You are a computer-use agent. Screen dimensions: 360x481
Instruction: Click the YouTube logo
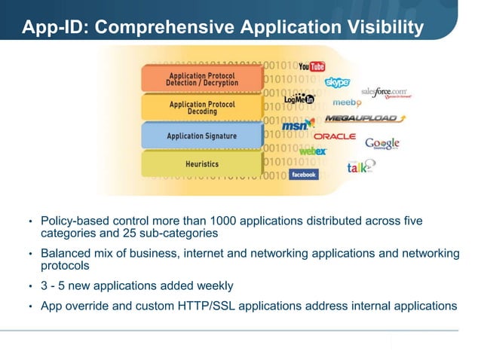click(x=311, y=67)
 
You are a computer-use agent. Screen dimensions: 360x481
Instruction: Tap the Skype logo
click(x=337, y=82)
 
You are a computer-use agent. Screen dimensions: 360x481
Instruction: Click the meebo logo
click(x=347, y=102)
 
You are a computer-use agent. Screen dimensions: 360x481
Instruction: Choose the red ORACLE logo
click(x=335, y=136)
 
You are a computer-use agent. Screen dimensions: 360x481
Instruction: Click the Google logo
click(x=382, y=143)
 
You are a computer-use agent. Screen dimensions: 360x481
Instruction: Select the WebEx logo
click(x=313, y=151)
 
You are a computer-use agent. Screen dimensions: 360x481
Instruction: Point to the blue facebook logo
click(x=304, y=174)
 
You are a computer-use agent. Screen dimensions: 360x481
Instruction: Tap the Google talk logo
click(x=360, y=167)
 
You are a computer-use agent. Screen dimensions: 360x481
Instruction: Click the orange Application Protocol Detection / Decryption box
click(x=201, y=79)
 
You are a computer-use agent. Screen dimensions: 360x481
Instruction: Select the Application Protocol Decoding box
click(x=201, y=108)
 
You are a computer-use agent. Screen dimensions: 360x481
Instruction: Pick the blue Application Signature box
click(x=201, y=136)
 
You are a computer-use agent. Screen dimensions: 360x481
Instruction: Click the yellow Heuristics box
click(x=201, y=163)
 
